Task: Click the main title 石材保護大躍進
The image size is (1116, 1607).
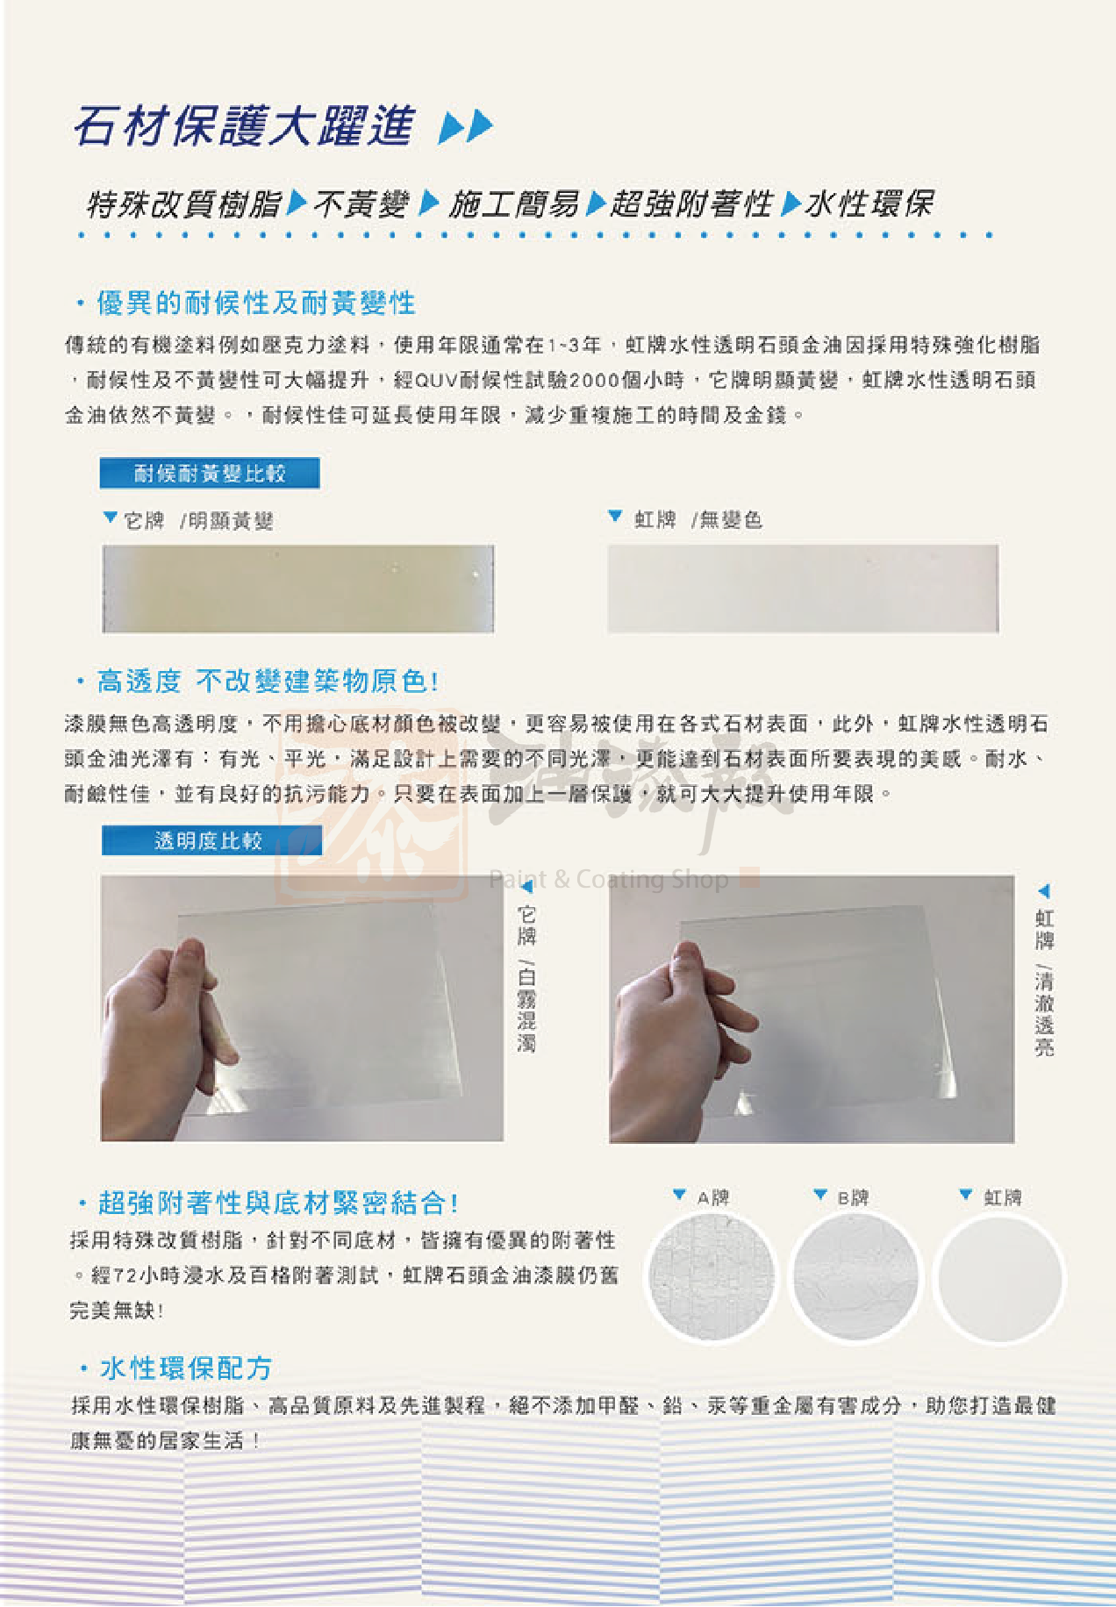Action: (x=244, y=125)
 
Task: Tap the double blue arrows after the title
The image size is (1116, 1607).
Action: (x=466, y=126)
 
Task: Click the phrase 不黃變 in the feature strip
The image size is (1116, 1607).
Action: (x=361, y=204)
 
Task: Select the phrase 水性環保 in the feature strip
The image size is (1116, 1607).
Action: (x=869, y=204)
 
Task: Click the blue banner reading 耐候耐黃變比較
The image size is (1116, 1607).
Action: (x=210, y=474)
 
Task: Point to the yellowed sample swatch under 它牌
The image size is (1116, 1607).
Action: (x=298, y=589)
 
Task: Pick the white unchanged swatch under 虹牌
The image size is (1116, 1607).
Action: (x=803, y=589)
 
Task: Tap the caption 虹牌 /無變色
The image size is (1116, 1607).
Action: (x=698, y=520)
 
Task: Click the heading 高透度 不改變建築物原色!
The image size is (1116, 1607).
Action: (x=268, y=681)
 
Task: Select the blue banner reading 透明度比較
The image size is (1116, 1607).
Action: (x=211, y=840)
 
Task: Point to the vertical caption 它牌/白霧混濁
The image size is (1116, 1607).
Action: (x=526, y=978)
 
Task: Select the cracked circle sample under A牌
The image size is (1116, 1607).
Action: (x=712, y=1277)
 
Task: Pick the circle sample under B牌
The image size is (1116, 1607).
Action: (x=855, y=1277)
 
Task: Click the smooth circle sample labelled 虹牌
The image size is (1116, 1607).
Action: (x=999, y=1277)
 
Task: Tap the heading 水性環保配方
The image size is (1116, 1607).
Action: (x=186, y=1368)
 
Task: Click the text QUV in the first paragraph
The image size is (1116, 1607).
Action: (x=436, y=380)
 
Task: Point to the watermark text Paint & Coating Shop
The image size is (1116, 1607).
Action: (x=609, y=879)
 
